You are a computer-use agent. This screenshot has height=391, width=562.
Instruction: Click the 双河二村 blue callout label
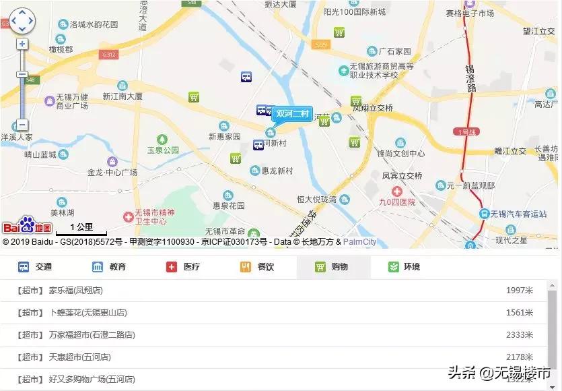click(292, 114)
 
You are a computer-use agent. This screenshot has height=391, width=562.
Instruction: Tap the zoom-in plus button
click(22, 44)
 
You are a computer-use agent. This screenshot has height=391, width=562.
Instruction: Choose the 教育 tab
click(109, 267)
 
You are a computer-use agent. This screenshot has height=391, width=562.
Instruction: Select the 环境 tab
click(405, 267)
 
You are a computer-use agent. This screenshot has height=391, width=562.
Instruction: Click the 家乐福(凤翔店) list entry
click(75, 291)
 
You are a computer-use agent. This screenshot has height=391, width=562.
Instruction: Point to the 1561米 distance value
click(519, 313)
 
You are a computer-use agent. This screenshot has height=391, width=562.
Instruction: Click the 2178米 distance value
click(519, 357)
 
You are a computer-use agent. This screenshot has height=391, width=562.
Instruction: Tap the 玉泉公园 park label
click(164, 149)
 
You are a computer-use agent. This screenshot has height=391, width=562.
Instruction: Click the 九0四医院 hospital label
click(396, 202)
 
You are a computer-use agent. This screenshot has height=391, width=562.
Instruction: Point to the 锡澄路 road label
click(470, 79)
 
